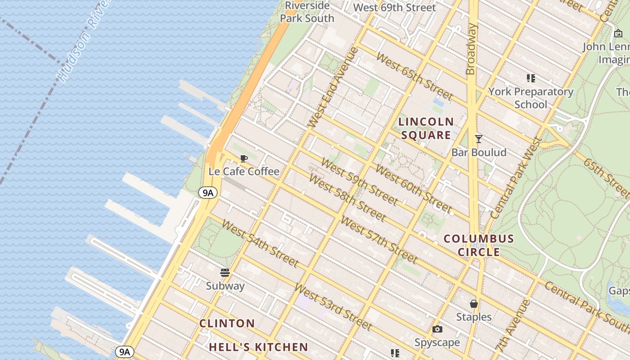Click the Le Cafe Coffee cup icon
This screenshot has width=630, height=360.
pos(244,158)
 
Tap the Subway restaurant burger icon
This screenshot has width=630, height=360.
pos(225,273)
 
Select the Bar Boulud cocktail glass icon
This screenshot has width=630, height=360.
pos(479,139)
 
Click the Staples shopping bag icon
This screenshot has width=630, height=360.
pos(474,304)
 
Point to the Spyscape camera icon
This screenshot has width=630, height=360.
pos(437,329)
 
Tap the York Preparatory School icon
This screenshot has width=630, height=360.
pos(531,78)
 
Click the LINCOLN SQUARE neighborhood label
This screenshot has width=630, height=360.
pos(426,128)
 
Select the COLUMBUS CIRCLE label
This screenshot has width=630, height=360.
pos(479,245)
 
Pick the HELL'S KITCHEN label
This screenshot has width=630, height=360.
pos(259,347)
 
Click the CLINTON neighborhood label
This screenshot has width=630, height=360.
pos(227,323)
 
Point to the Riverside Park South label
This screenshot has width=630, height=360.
pos(307,12)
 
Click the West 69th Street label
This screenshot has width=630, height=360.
pos(395,8)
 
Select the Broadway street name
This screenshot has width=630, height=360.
pos(471,49)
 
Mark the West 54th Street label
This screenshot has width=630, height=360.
pos(260,243)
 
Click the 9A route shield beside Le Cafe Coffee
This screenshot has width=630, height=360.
pos(208,193)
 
